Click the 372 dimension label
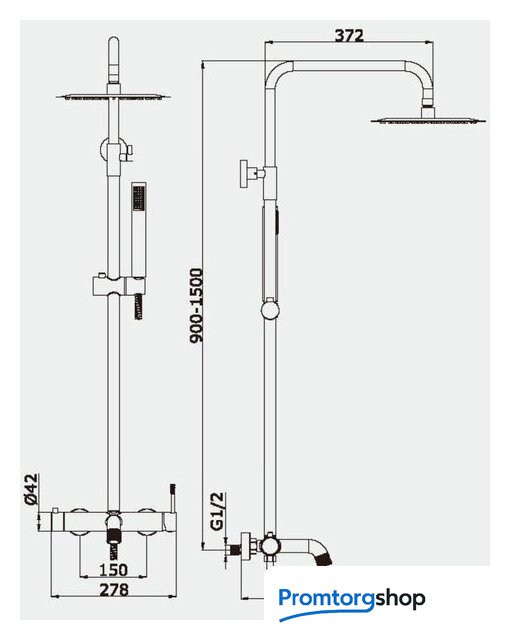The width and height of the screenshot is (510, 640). [349, 35]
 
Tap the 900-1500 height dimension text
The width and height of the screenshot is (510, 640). [197, 305]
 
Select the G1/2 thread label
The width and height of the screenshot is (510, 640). [218, 511]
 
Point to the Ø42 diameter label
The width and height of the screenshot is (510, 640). [31, 490]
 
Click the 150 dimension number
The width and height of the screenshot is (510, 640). [113, 570]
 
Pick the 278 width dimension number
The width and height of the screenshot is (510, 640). [114, 589]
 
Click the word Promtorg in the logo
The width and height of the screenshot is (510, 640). [326, 599]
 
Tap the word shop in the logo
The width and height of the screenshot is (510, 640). [400, 599]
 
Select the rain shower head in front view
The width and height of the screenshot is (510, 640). [113, 97]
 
